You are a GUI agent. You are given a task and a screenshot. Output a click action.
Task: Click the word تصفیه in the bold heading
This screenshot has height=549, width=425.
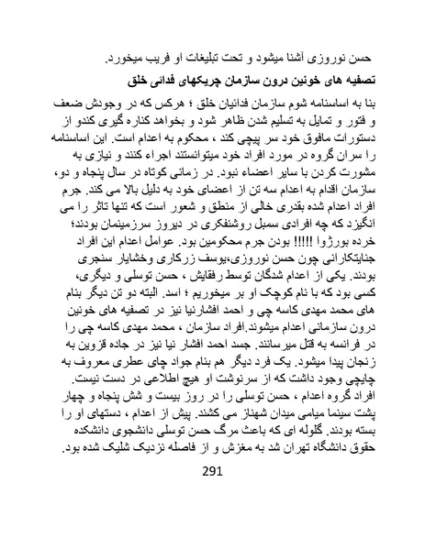pyautogui.click(x=362, y=71)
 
